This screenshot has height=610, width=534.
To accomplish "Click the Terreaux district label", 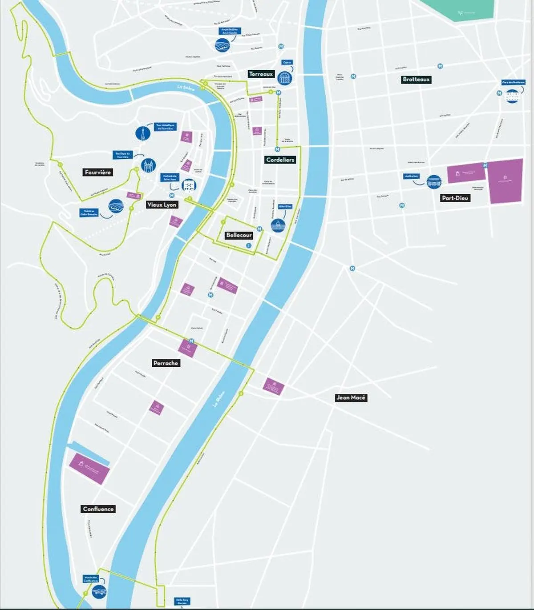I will click(261, 74).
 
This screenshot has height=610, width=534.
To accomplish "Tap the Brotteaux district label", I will click(416, 80).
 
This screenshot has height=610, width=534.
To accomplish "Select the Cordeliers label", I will click(280, 160).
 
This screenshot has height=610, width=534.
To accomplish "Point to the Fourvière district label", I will click(98, 172).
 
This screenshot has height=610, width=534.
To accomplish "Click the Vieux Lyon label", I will click(162, 205).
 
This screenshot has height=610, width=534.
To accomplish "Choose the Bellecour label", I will click(239, 235).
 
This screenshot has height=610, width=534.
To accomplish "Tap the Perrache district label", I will click(166, 363).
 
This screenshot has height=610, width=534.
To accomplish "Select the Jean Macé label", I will click(351, 397).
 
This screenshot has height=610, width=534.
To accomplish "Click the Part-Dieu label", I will click(455, 198).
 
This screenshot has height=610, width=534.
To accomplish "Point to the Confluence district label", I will click(98, 509).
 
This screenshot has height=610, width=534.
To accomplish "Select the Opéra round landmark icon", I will click(284, 78).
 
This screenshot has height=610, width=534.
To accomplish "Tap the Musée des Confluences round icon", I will click(98, 591).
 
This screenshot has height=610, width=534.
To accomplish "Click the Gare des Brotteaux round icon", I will click(512, 96).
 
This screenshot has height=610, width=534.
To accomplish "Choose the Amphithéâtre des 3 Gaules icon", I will click(222, 45).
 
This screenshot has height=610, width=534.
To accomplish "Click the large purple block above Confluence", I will click(89, 469).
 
